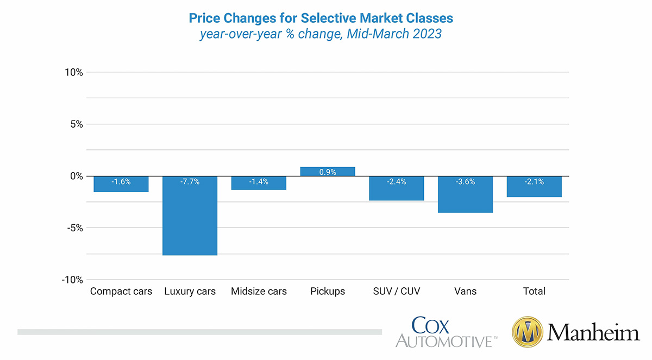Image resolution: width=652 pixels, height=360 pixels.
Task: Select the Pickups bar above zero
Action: (x=328, y=172)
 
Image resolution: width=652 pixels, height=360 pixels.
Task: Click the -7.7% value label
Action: (x=190, y=182)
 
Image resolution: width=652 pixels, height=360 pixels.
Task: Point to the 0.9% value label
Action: (x=328, y=172)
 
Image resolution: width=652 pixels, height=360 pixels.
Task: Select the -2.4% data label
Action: (x=396, y=182)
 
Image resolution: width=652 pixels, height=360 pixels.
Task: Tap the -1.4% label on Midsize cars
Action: (x=259, y=182)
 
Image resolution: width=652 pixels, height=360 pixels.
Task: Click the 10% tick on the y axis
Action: (x=73, y=72)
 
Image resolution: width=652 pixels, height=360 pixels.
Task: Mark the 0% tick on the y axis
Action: (x=76, y=176)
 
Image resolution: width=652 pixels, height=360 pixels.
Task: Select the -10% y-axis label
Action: (x=72, y=280)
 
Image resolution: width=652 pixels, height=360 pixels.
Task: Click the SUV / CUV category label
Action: (x=396, y=292)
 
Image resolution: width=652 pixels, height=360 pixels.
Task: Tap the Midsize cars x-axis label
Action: (x=259, y=292)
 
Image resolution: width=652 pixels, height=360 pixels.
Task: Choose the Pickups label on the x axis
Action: (x=328, y=292)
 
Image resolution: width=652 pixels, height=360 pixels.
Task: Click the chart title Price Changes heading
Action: (x=321, y=18)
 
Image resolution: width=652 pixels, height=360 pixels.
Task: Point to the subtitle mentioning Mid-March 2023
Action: (x=321, y=34)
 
